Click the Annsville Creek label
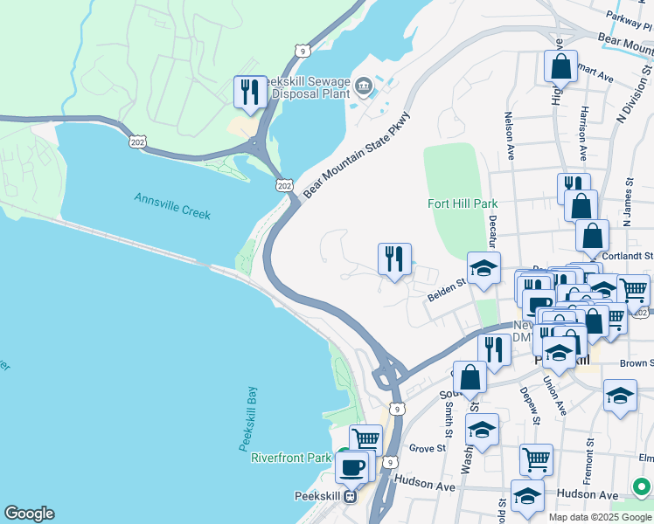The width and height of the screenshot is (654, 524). tap(172, 205)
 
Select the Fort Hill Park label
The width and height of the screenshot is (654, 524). tap(463, 203)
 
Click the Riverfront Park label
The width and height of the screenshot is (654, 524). tap(291, 458)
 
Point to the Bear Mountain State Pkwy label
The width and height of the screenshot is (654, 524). tap(356, 155)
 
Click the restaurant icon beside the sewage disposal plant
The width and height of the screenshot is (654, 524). tap(251, 92)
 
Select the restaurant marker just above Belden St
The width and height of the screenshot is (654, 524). tap(394, 259)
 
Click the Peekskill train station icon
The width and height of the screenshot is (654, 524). tap(350, 497)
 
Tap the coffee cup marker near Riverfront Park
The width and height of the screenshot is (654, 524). tap(351, 467)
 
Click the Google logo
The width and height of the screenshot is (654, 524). tap(29, 514)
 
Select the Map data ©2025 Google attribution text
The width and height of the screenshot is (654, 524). tap(600, 517)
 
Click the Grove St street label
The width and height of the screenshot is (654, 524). tap(428, 449)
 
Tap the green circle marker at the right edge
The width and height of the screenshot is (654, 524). tap(643, 486)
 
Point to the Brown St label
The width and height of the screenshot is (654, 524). tap(636, 362)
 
